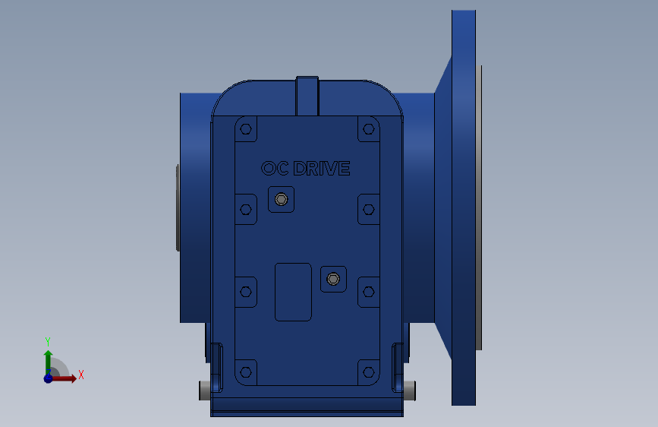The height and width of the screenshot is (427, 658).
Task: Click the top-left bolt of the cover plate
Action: [245, 128]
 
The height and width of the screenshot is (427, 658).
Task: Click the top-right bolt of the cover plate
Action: [369, 128]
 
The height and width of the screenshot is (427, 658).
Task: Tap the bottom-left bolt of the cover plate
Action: [245, 372]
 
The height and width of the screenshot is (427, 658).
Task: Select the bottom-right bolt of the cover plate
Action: [369, 372]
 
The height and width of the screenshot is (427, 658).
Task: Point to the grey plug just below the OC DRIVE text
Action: [282, 200]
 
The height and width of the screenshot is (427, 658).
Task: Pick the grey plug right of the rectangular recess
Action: [332, 280]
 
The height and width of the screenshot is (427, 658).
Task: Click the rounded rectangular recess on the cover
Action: [293, 292]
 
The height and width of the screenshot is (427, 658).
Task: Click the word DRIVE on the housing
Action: [322, 169]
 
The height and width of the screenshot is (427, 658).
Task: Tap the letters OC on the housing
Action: [274, 169]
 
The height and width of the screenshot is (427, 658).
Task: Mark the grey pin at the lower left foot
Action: [204, 391]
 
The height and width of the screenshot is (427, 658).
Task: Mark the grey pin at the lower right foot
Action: [410, 391]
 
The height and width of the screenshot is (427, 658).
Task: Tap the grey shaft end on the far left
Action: [178, 207]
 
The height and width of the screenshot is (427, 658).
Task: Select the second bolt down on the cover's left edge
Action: [245, 209]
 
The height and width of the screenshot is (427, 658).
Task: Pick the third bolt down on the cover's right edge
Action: [369, 291]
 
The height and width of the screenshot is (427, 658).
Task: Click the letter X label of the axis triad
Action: [80, 375]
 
